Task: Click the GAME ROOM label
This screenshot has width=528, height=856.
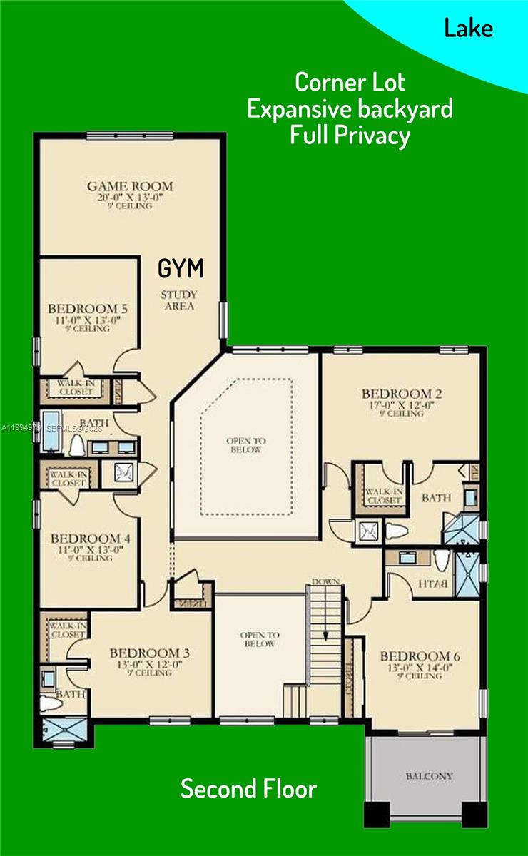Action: pyautogui.click(x=130, y=187)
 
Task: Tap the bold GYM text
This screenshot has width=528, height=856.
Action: pyautogui.click(x=181, y=269)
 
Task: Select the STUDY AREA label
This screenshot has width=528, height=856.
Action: pyautogui.click(x=179, y=300)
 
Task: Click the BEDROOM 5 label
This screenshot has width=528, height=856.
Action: pyautogui.click(x=88, y=309)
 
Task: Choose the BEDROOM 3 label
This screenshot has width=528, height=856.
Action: pyautogui.click(x=148, y=653)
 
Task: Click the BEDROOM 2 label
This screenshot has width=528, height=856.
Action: pyautogui.click(x=401, y=394)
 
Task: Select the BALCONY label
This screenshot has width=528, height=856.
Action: pyautogui.click(x=430, y=775)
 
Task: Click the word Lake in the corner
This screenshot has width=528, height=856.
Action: pyautogui.click(x=468, y=29)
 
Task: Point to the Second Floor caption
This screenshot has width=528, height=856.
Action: pyautogui.click(x=248, y=789)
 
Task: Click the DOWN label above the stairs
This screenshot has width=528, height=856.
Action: pyautogui.click(x=325, y=582)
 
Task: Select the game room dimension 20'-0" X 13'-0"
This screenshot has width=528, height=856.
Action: pyautogui.click(x=130, y=198)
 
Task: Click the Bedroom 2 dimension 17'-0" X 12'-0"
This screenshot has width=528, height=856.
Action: pyautogui.click(x=401, y=404)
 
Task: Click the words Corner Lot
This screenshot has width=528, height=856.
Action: pyautogui.click(x=350, y=82)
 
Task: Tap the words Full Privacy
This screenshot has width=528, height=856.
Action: pyautogui.click(x=350, y=135)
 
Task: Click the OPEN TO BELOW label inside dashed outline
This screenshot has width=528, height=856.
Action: pyautogui.click(x=246, y=445)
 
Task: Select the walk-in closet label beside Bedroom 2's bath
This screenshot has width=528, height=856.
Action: pyautogui.click(x=384, y=496)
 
